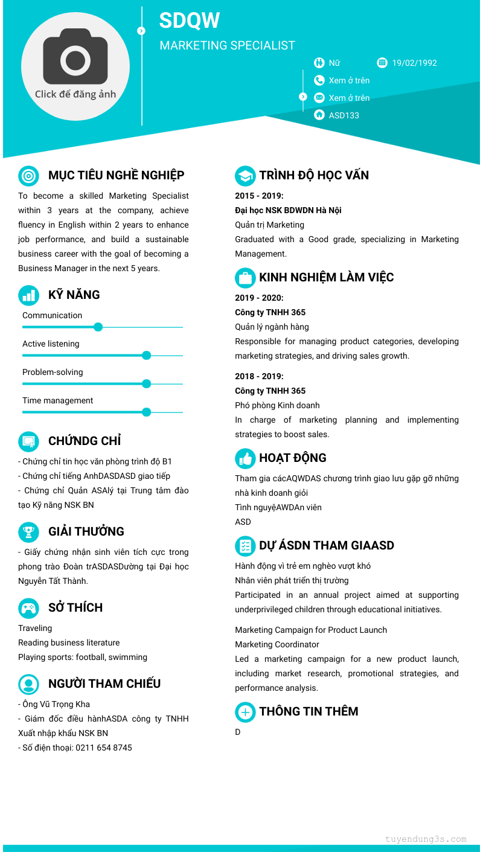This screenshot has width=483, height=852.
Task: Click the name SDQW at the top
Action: pos(190,21)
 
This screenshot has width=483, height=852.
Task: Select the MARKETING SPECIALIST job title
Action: pos(227,45)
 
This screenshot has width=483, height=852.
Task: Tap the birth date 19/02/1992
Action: pos(414,63)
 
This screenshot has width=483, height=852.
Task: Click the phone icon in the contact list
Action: pos(319,80)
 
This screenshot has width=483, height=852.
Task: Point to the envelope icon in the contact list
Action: pos(319,98)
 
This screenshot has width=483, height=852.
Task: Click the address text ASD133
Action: pos(344,115)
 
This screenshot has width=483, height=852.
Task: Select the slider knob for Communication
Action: pos(98,327)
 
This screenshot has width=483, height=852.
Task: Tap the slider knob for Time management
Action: pos(146,412)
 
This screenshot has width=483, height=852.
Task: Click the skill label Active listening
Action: pos(51,344)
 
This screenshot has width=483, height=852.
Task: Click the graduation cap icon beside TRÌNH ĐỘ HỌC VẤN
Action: pos(245,176)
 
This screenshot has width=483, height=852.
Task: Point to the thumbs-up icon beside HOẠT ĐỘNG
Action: pos(245,458)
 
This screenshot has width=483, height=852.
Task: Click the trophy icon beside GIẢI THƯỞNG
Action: pos(28,532)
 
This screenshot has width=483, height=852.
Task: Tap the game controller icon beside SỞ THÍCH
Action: pos(28,608)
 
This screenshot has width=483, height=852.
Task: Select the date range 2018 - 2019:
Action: pos(259,376)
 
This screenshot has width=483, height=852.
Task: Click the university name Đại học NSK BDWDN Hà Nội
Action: pos(288,210)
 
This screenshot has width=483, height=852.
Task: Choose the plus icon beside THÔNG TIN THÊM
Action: pos(245,712)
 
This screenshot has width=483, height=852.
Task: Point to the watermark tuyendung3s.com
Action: pos(426,839)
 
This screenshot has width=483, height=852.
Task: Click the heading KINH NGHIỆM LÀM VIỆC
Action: pos(326,278)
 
